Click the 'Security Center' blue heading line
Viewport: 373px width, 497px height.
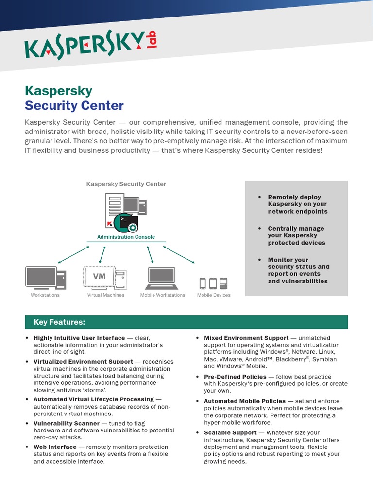coord(74,105)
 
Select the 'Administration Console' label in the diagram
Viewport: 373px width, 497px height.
coord(126,237)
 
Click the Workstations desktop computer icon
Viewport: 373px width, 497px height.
coord(46,278)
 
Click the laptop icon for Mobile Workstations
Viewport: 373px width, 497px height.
coord(162,278)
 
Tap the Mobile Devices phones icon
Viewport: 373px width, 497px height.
coord(214,283)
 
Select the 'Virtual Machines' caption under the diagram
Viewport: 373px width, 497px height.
coord(105,295)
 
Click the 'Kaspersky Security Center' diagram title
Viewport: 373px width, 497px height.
coord(126,184)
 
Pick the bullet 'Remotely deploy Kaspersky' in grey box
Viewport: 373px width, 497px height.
coord(297,204)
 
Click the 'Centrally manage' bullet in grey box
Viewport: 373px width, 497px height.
coord(296,235)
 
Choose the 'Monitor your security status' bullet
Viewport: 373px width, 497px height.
coord(298,270)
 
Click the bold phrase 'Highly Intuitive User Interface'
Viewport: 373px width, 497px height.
coord(79,338)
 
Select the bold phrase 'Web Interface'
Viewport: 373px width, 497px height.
coord(55,447)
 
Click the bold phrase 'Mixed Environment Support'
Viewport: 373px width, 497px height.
coord(246,338)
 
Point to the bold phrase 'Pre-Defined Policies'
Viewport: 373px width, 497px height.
coord(235,377)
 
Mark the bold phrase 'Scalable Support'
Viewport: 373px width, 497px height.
coord(230,432)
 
